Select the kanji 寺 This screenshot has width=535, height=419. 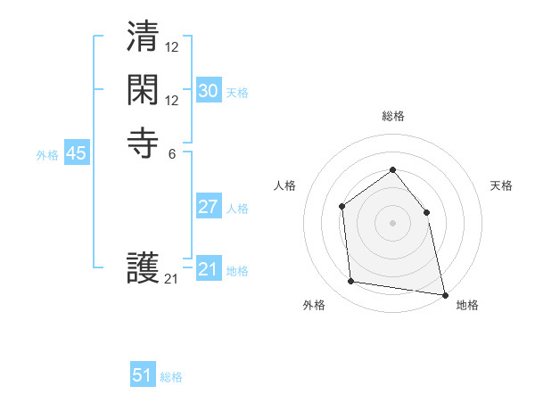[144, 143]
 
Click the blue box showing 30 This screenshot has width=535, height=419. [209, 91]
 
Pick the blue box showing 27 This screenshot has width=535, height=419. [209, 207]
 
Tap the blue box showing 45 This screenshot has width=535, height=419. [77, 153]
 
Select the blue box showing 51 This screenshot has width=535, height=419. [143, 375]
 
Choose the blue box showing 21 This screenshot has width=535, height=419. [209, 269]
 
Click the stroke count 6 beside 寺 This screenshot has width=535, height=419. [171, 153]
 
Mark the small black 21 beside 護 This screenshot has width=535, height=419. [171, 279]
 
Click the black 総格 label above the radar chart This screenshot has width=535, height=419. [393, 117]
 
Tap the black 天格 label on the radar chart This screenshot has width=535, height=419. [501, 185]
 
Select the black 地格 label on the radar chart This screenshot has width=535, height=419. [467, 305]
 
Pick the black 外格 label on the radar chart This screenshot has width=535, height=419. [314, 305]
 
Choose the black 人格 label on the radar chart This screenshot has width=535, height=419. [284, 185]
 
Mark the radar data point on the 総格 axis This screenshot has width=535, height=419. [392, 170]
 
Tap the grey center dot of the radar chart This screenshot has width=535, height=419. [392, 223]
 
